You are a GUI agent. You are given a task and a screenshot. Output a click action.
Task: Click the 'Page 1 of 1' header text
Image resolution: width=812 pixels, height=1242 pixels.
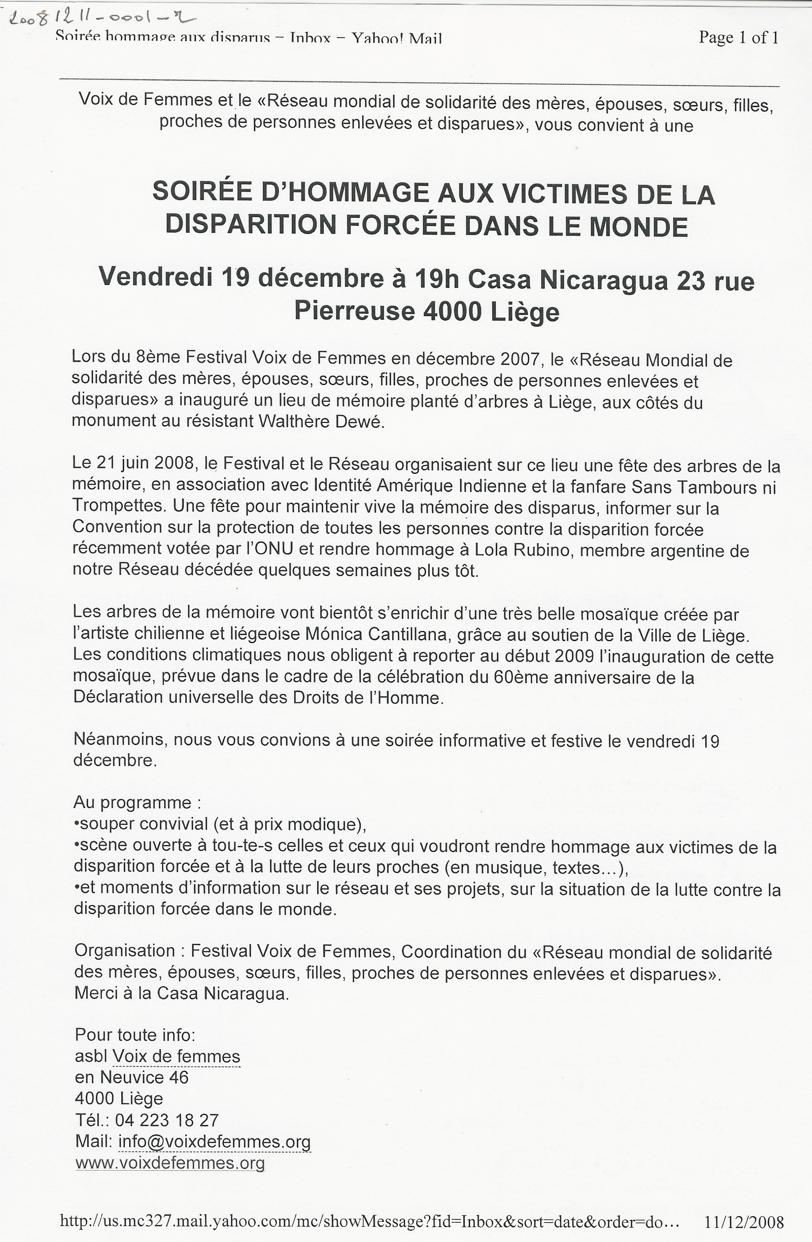738,37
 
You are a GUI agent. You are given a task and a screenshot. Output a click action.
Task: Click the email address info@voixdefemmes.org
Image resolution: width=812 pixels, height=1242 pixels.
214,1142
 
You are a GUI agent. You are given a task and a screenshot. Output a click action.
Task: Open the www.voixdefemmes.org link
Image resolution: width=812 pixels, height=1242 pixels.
170,1163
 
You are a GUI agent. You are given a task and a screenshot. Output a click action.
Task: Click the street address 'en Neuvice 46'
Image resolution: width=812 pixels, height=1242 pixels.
132,1078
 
